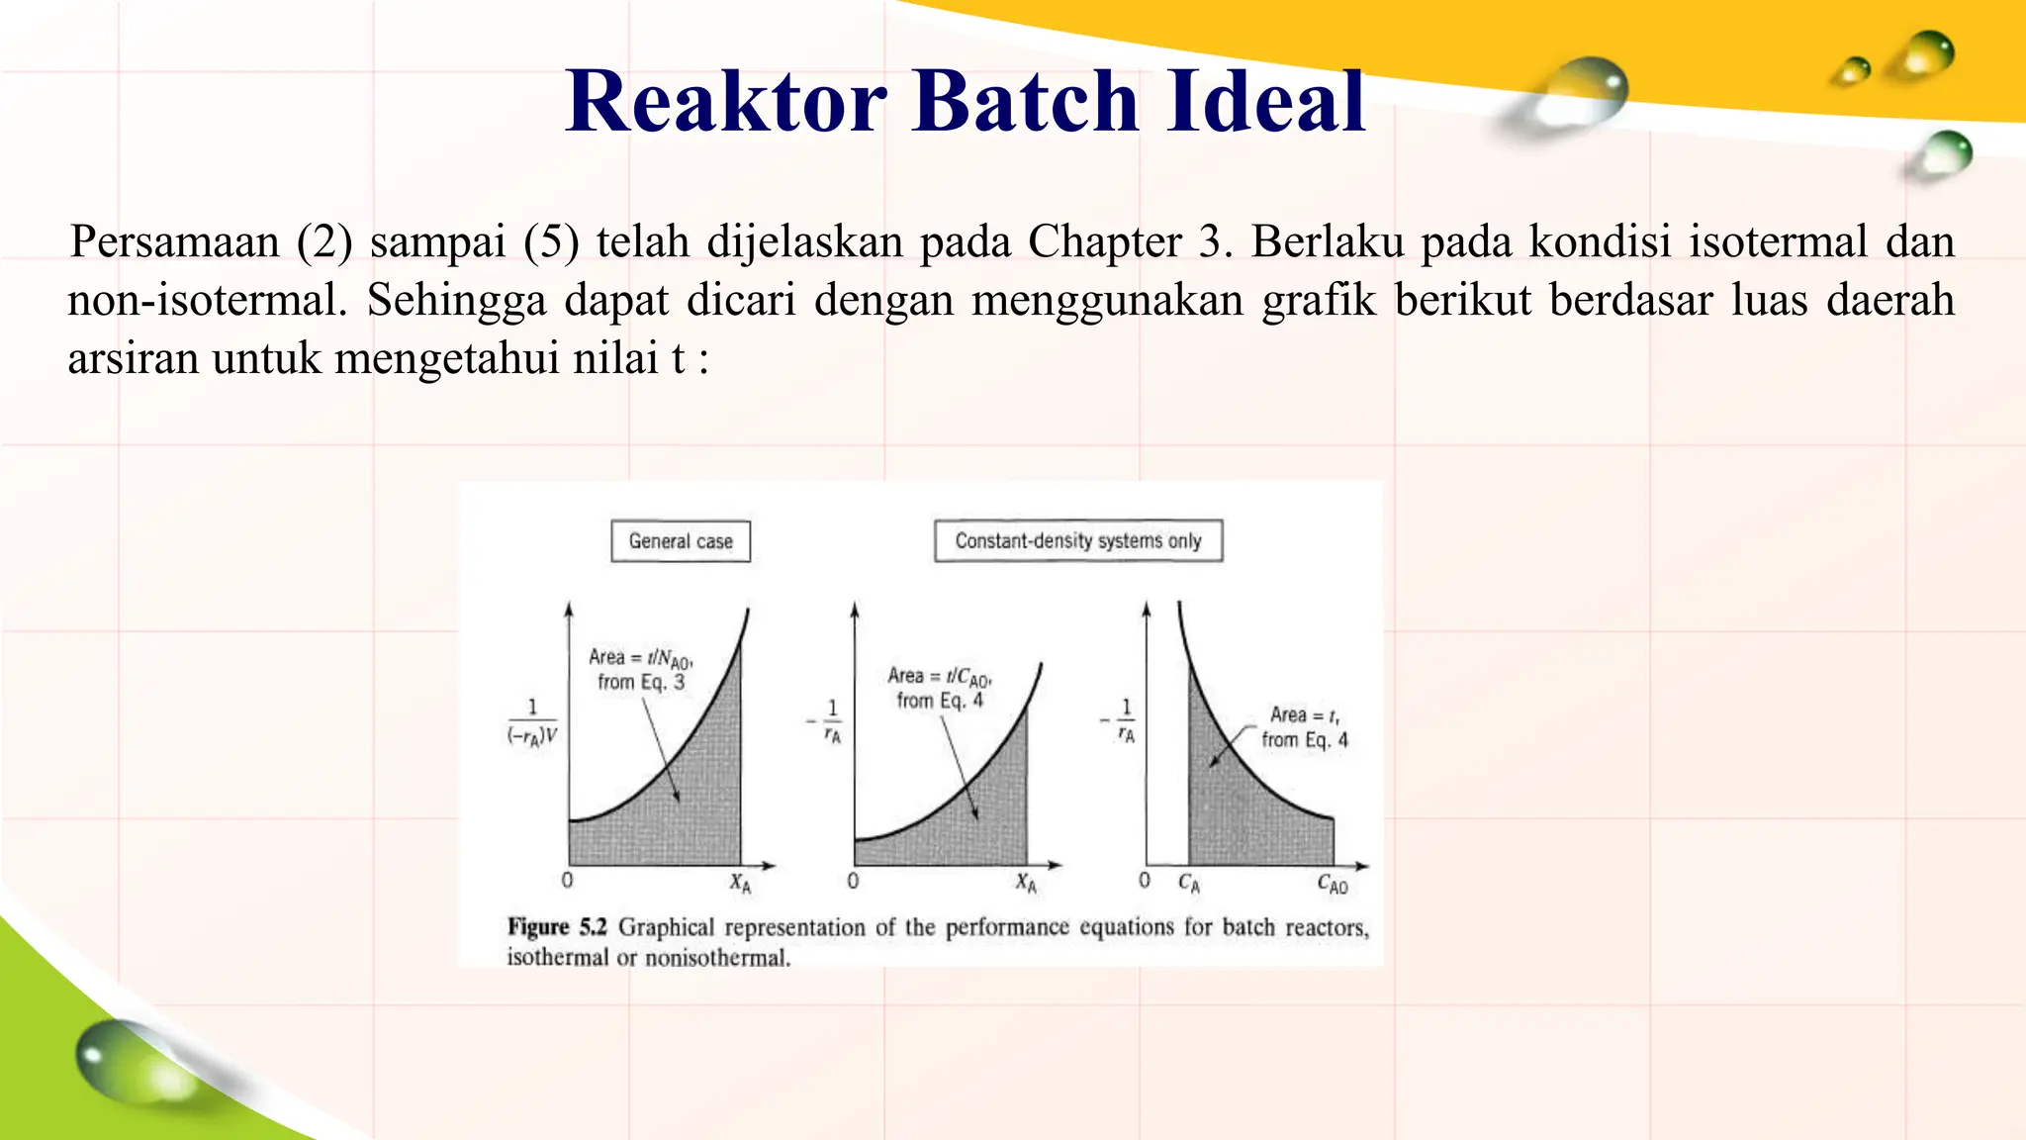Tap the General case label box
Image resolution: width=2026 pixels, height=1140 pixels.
click(681, 541)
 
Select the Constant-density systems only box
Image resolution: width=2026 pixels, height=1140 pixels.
click(1078, 540)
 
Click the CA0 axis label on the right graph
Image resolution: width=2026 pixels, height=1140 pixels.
click(1333, 884)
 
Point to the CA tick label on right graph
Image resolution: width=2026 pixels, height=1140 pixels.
click(1189, 883)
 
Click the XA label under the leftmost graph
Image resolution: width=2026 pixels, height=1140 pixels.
click(740, 883)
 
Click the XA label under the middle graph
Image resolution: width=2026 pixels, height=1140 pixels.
click(1026, 883)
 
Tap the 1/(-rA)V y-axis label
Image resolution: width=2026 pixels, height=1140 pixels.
click(532, 721)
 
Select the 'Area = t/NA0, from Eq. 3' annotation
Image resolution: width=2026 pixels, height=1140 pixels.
click(640, 669)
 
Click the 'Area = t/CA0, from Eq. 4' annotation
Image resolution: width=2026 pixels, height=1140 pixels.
click(939, 688)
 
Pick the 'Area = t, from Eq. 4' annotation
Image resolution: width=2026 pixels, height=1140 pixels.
click(1304, 727)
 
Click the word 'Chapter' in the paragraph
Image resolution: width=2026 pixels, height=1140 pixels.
click(1104, 241)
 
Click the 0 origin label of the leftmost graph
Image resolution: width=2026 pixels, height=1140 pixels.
click(567, 880)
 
